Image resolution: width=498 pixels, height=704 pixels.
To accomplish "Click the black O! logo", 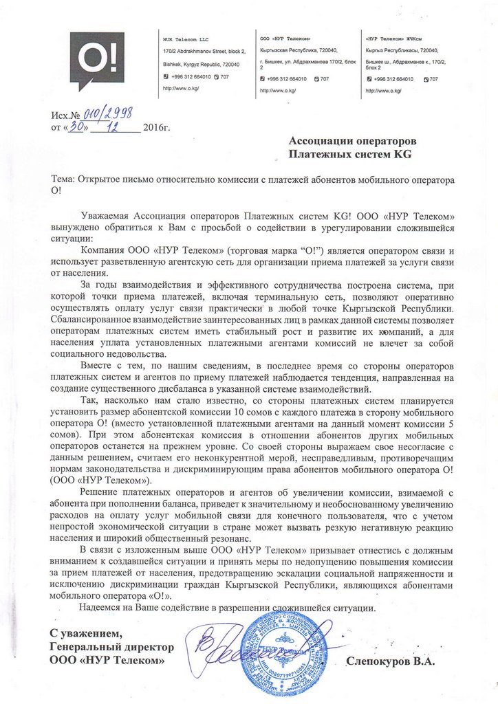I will click(100, 60).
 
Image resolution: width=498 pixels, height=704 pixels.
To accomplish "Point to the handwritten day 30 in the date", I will click(78, 127).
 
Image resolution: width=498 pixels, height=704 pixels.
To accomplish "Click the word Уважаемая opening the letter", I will click(104, 216).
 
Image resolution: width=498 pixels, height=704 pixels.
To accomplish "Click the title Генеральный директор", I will click(111, 647).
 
